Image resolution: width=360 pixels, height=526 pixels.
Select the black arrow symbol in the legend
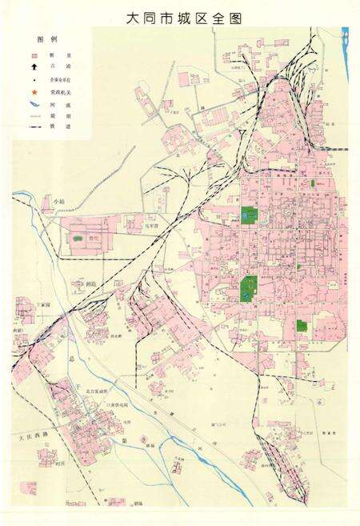click(x=34, y=67)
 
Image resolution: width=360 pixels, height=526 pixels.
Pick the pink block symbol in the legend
click(x=34, y=55)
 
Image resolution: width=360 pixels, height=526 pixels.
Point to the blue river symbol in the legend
click(x=34, y=103)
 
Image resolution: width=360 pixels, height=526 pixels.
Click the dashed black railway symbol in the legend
click(x=34, y=126)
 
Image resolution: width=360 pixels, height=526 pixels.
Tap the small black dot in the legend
click(x=34, y=80)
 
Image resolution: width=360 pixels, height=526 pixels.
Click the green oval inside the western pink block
click(x=78, y=238)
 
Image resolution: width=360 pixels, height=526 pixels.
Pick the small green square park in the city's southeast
click(x=302, y=326)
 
